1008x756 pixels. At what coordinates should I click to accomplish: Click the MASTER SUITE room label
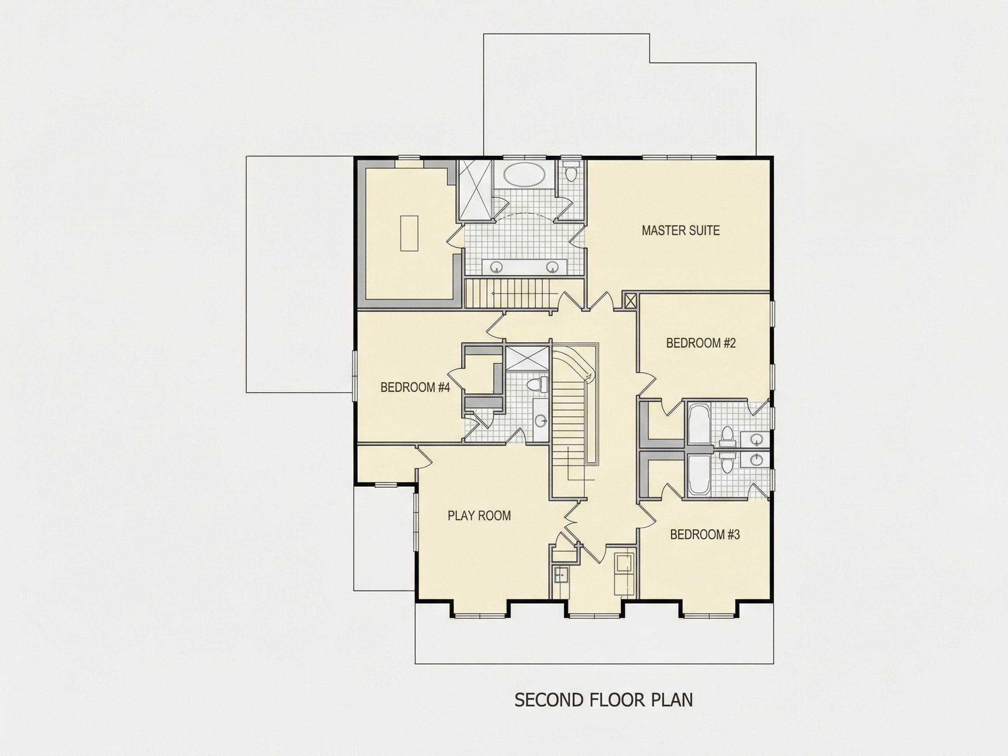pyautogui.click(x=680, y=231)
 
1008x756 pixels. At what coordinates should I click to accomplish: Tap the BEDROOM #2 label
pyautogui.click(x=701, y=343)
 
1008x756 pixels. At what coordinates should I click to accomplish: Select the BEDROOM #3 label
pyautogui.click(x=704, y=535)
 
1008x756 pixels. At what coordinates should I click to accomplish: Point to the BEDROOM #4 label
pyautogui.click(x=415, y=387)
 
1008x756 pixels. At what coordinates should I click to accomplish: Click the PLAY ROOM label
pyautogui.click(x=479, y=516)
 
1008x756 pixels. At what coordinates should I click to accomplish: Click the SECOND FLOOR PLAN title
pyautogui.click(x=603, y=700)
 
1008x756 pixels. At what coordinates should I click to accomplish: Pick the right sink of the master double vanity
pyautogui.click(x=552, y=267)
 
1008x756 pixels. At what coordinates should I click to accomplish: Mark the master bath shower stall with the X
pyautogui.click(x=475, y=190)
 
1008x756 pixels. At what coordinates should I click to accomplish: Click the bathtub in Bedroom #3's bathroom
pyautogui.click(x=698, y=476)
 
